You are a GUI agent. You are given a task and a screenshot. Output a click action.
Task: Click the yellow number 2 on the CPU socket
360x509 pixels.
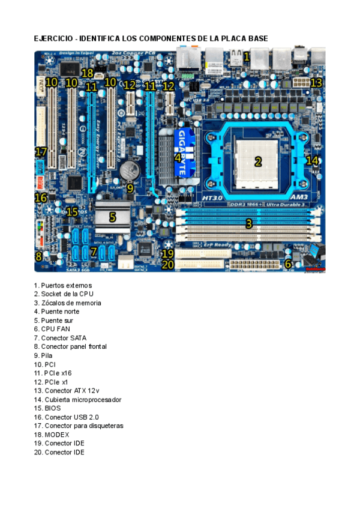pos(258,161)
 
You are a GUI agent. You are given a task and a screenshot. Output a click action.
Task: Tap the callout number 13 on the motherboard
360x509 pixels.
pos(316,83)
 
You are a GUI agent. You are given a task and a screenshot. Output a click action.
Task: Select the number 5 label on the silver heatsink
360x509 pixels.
pos(112,217)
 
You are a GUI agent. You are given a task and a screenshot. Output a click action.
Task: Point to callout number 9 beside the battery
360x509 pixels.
pos(130,188)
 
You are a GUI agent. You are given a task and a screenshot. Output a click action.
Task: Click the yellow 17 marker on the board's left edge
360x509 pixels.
pos(41,151)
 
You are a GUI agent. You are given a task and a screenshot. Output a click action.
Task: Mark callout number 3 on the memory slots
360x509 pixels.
pos(248,224)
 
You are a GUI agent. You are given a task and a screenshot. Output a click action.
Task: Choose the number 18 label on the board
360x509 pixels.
pos(88,73)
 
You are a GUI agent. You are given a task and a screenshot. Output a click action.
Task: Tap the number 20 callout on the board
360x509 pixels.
pos(168,264)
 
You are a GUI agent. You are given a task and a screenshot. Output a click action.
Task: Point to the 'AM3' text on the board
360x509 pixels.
pos(298,197)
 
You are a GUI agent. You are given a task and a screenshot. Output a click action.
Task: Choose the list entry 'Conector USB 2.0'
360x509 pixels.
pos(70,417)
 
